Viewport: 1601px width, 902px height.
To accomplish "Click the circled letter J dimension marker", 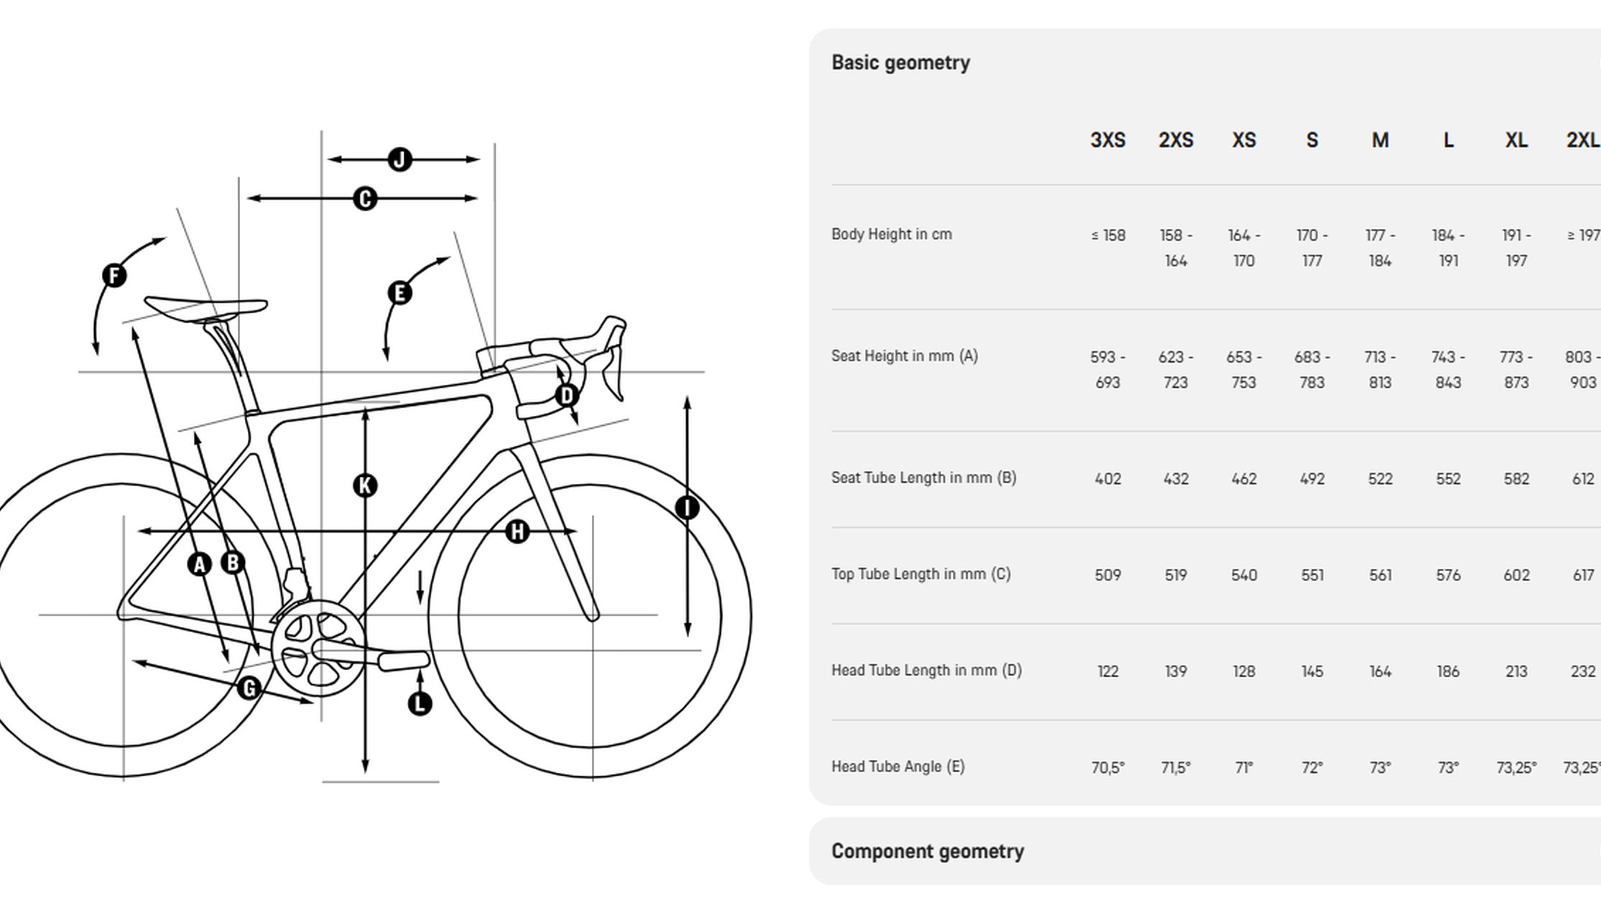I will tap(400, 159).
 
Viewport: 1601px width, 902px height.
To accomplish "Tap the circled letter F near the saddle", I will tap(114, 275).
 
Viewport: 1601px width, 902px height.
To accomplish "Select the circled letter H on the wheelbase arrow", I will tap(517, 531).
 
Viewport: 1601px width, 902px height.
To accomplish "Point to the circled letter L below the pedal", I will tap(419, 703).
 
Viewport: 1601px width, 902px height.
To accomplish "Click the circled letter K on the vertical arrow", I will tap(365, 485).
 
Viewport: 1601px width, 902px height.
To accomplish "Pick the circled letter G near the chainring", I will tap(249, 688).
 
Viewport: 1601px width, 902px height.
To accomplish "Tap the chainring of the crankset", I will tap(318, 648).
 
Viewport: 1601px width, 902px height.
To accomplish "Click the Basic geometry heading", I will tap(900, 62).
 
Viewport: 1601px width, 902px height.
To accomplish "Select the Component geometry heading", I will tap(927, 851).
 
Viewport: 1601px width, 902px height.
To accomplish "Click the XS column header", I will tap(1243, 140).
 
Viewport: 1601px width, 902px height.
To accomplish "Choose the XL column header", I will tap(1516, 140).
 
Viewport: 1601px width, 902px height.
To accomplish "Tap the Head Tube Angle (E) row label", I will tap(898, 766).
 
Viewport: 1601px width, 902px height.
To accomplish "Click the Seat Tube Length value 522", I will tap(1380, 479).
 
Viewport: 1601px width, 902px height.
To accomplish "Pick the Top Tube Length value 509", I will tap(1108, 575).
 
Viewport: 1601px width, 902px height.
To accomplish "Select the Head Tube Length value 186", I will tap(1448, 671).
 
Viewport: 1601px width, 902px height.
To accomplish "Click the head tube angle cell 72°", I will tap(1312, 768).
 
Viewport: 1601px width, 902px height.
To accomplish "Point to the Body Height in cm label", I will tap(891, 234).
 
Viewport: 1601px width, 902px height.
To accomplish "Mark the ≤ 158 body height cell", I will tap(1108, 236).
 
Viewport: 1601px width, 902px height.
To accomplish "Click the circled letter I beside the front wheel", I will tap(687, 508).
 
